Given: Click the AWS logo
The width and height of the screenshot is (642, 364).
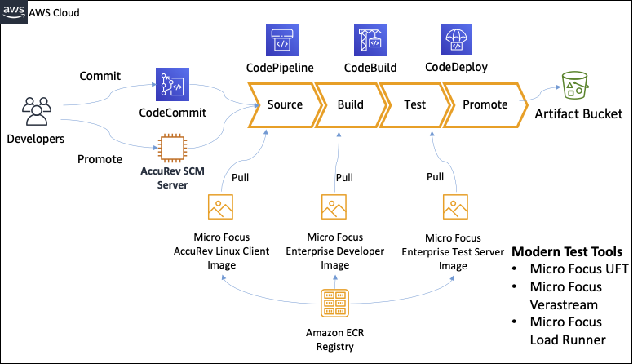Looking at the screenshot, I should pos(14,11).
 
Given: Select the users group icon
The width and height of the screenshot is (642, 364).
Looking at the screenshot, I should pos(37,111).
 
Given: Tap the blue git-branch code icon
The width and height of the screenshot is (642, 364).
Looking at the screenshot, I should pos(172,84).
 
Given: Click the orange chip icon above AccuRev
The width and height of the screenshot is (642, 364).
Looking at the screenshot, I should pos(172,149).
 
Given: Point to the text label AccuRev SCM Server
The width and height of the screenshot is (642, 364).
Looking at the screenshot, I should pos(172,178).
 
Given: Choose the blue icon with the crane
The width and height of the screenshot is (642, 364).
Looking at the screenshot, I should pos(370,40).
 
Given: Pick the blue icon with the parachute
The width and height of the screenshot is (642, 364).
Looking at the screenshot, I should pos(457,40).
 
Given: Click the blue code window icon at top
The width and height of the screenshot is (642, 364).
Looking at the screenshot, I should pos(281,40).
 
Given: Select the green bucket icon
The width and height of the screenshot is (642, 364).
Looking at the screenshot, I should pos(574,85).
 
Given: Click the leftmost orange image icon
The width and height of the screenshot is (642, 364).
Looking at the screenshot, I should pos(220,206).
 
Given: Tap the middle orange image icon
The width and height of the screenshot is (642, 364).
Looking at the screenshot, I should pos(334,206).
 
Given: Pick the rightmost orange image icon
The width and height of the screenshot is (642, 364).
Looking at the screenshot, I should pos(455,206).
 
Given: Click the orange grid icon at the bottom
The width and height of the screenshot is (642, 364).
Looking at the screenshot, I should pos(334,303).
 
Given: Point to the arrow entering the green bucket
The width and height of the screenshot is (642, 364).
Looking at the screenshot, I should pos(542,94).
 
